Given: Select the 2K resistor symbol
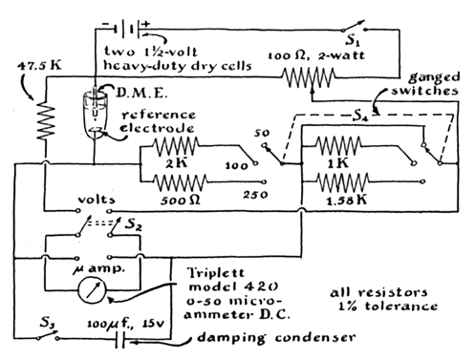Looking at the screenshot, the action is click(176, 146).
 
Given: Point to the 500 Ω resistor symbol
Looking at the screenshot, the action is click(181, 182).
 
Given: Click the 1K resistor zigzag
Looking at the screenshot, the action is click(338, 146).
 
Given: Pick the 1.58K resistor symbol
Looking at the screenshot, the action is click(343, 182).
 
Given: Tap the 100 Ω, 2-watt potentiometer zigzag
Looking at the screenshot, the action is click(308, 77).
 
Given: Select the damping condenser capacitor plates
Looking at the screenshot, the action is click(120, 339).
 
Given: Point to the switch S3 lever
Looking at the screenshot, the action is click(48, 335).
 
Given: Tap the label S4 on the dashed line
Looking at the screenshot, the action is click(360, 116).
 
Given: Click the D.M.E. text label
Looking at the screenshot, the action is click(140, 93).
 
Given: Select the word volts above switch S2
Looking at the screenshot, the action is click(97, 200).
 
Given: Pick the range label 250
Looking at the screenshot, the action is click(255, 195).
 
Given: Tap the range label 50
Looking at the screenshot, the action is click(262, 133).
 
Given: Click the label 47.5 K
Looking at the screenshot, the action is click(39, 65).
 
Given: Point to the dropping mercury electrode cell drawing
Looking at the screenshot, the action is click(95, 114).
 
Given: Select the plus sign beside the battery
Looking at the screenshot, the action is click(146, 24).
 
